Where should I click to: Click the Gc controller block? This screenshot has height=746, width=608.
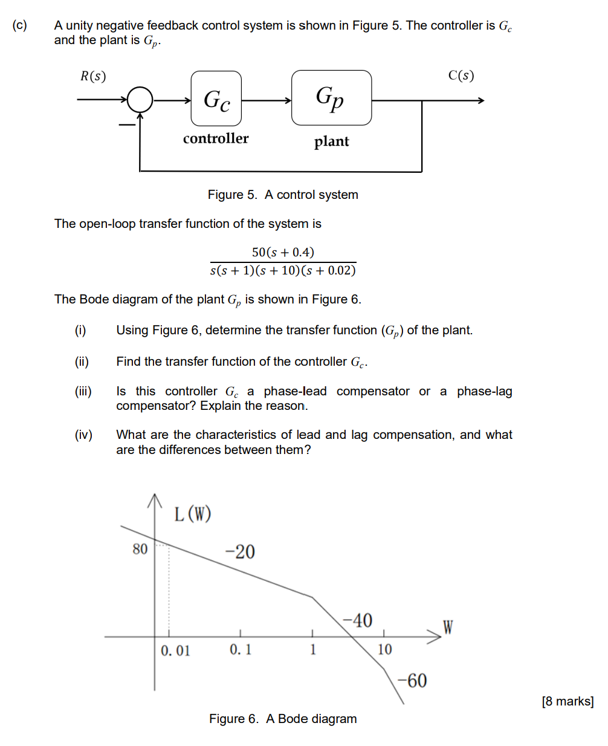click(x=216, y=99)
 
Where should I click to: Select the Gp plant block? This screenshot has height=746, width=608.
click(x=331, y=97)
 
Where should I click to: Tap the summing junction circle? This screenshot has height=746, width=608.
click(x=140, y=100)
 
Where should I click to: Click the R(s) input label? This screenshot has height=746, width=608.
click(x=93, y=76)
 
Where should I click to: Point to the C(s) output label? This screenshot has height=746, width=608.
click(x=461, y=76)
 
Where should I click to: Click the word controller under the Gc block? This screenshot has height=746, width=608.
click(x=216, y=138)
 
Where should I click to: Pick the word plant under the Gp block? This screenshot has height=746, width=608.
click(x=331, y=141)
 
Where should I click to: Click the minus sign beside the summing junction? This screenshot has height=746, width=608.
click(x=126, y=125)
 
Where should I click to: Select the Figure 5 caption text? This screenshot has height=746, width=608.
click(x=283, y=195)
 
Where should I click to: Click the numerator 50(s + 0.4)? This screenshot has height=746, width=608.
click(x=283, y=252)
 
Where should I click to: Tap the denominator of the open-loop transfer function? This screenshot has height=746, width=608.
click(x=283, y=270)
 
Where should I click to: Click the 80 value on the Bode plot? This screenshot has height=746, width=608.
click(x=140, y=549)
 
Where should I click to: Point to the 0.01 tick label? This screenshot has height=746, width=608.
click(x=175, y=650)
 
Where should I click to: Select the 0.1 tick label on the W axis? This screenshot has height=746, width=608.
click(x=241, y=650)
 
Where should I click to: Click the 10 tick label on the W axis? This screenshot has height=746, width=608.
click(x=384, y=650)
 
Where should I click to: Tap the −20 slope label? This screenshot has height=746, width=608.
click(x=240, y=551)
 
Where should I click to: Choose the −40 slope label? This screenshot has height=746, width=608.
click(x=357, y=620)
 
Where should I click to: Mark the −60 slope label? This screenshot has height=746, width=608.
click(x=412, y=681)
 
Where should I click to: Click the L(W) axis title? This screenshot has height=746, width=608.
click(x=193, y=514)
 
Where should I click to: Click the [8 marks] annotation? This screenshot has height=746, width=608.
click(x=568, y=701)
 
